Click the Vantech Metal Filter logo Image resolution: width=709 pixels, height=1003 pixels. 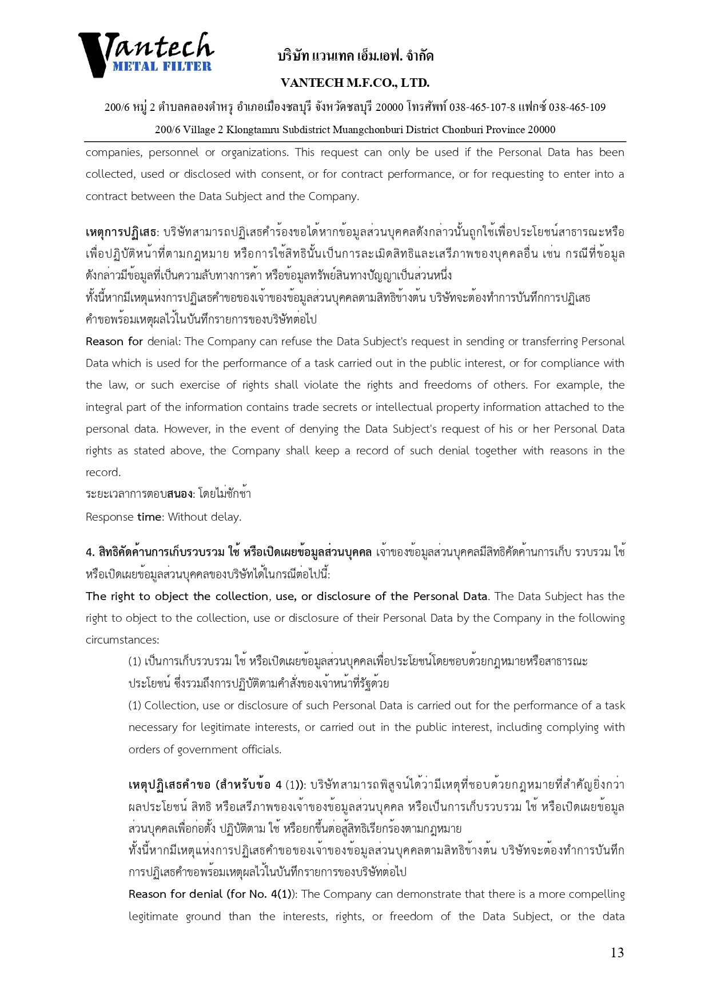click(146, 54)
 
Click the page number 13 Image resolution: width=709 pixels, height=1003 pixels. click(617, 952)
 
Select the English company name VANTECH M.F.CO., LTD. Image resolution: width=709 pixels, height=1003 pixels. click(355, 83)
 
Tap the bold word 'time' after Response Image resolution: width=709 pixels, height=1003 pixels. click(149, 517)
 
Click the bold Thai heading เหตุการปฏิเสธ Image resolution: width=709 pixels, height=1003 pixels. click(121, 232)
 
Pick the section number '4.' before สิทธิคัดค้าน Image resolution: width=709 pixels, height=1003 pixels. click(90, 552)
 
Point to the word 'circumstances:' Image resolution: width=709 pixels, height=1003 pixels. click(122, 640)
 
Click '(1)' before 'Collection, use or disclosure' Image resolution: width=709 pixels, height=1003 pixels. click(135, 705)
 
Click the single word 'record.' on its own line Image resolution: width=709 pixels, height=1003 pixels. click(103, 472)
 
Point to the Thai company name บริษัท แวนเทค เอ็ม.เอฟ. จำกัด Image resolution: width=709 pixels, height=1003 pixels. click(355, 56)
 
